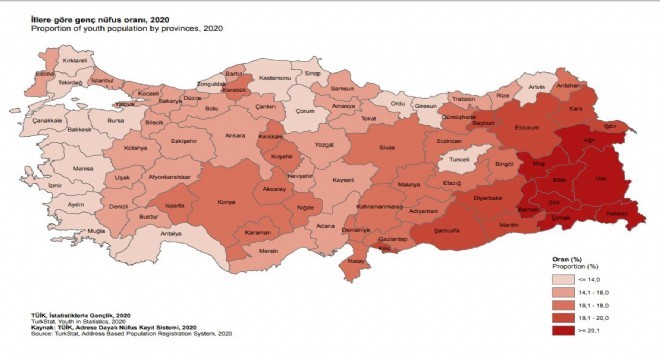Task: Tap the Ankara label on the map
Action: point(235,135)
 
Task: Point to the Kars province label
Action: point(575,104)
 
